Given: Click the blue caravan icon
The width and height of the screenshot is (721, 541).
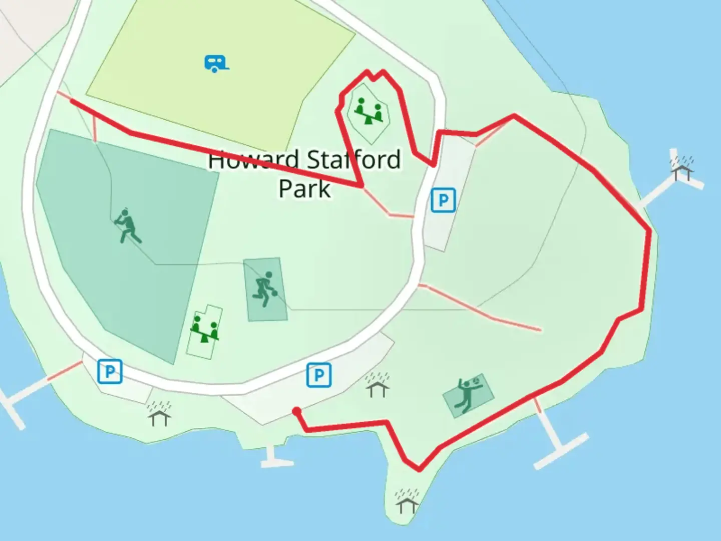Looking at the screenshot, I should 216,63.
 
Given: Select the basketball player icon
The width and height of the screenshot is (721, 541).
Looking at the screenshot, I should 265,289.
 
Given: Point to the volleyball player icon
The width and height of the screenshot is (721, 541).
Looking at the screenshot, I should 469,394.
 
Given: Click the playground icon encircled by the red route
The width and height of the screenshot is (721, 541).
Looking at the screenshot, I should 369,111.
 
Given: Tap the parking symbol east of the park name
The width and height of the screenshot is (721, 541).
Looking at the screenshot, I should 443,200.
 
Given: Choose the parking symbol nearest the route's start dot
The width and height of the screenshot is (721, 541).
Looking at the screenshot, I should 319,375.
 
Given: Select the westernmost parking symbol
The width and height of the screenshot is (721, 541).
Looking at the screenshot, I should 110,371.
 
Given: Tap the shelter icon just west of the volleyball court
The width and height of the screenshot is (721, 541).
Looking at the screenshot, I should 377,385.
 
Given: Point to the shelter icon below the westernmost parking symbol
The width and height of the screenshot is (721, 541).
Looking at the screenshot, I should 159,413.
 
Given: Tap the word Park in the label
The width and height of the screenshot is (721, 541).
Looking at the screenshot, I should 304,189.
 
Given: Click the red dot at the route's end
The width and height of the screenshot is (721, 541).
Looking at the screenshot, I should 297,411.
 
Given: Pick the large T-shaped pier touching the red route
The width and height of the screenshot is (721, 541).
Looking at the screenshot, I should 556,441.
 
